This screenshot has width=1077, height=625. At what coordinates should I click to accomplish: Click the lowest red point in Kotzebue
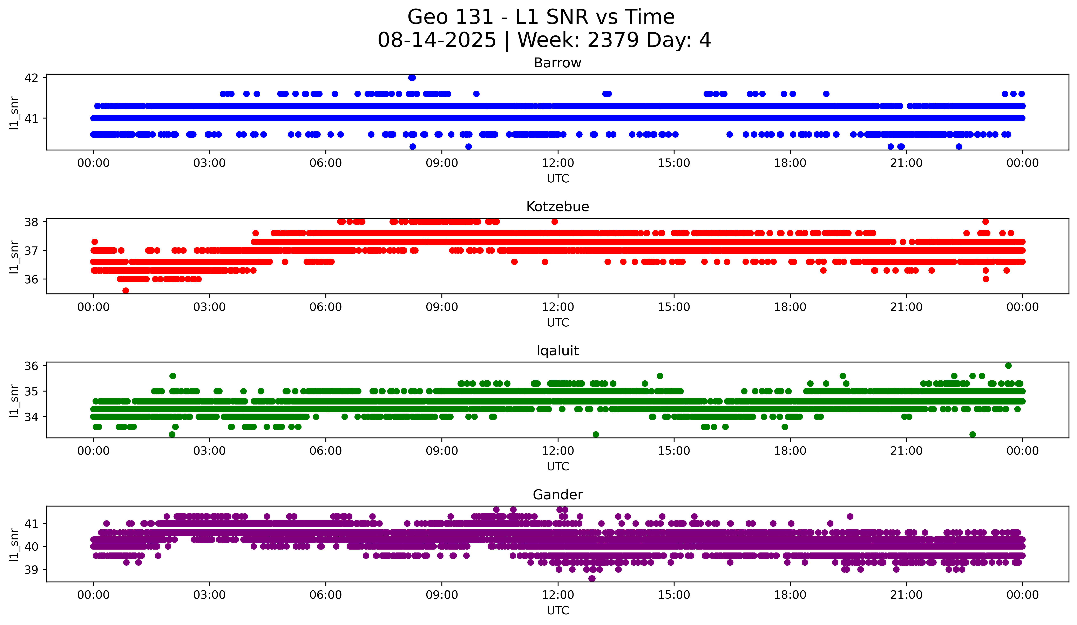pos(126,291)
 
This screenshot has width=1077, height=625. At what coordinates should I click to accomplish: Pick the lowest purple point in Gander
pos(592,578)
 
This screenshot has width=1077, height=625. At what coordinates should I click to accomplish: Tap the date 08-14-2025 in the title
pos(437,40)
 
